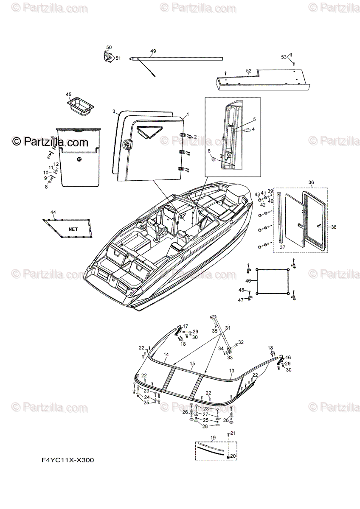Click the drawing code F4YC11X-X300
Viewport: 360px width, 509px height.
tap(67, 460)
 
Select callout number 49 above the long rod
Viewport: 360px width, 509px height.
tap(153, 51)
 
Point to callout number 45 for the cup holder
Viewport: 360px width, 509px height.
tap(69, 94)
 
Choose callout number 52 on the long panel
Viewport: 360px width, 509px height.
tap(249, 70)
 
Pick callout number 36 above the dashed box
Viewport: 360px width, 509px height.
tap(311, 182)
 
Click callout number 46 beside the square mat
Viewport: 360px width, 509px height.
tap(248, 281)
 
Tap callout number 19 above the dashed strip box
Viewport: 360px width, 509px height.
tap(213, 437)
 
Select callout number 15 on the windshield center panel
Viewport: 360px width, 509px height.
tap(192, 364)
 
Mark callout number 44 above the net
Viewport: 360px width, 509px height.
tap(53, 212)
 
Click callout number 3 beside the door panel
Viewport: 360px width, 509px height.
tap(114, 112)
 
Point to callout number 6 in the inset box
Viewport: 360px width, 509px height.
tap(209, 151)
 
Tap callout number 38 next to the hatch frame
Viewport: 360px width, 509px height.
tap(334, 227)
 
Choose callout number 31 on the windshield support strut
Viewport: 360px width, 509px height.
tap(228, 328)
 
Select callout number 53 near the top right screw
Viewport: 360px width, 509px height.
tap(284, 57)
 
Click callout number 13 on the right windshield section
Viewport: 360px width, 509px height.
tap(231, 371)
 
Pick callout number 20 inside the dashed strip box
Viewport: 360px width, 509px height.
tap(233, 456)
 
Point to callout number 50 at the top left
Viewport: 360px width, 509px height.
tap(109, 48)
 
